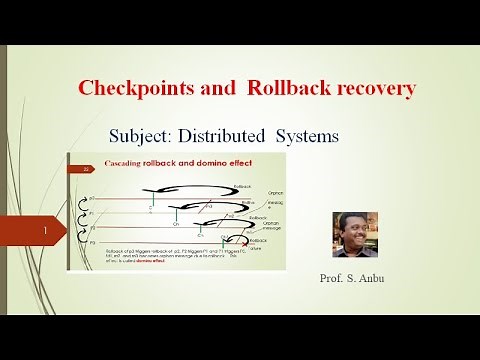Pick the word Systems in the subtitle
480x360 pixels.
coord(336,135)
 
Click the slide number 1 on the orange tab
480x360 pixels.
coord(47,230)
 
